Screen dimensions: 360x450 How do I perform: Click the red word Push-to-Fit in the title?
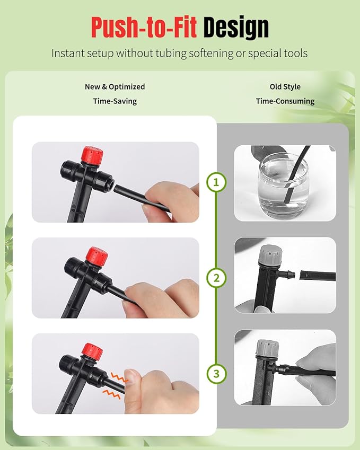(x=144, y=27)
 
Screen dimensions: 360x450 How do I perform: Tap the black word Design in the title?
(x=236, y=28)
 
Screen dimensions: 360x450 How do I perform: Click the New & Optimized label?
(x=115, y=87)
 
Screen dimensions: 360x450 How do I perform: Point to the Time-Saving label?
(x=115, y=101)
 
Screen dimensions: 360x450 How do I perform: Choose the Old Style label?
(x=285, y=87)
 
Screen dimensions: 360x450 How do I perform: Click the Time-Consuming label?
(x=285, y=101)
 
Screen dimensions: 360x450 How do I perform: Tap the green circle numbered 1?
(x=216, y=182)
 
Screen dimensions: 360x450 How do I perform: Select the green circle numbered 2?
(x=216, y=278)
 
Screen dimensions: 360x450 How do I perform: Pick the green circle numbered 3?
(x=216, y=374)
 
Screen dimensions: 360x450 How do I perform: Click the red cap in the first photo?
(x=92, y=155)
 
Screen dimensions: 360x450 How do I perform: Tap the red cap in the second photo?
(x=97, y=257)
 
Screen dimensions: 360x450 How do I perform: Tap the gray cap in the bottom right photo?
(x=268, y=348)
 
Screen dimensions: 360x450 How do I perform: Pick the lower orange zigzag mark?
(x=112, y=394)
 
